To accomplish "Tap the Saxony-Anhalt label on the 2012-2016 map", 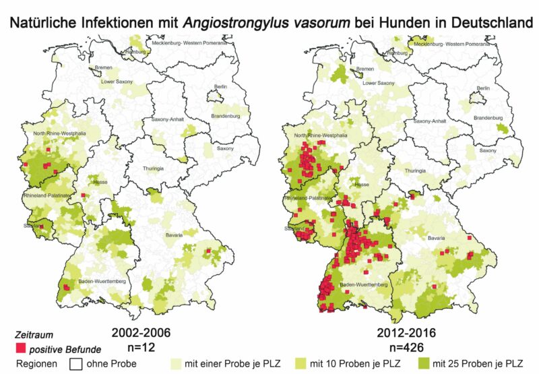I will pos(431,121).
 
